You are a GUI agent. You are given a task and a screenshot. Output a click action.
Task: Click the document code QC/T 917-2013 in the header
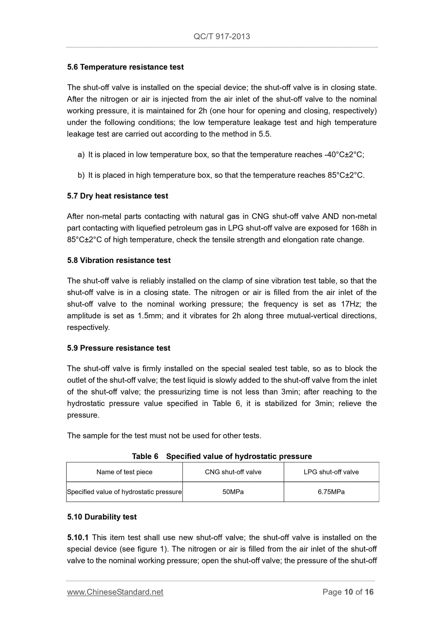222,37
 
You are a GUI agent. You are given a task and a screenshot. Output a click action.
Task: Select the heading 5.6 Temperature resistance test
125,67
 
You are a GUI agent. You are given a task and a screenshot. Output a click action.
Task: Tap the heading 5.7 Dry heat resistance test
117,196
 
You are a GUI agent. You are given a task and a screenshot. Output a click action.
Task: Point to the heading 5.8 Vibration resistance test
119,261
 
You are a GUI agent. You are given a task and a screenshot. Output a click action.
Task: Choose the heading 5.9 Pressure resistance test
119,348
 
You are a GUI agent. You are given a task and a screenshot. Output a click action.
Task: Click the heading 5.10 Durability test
102,517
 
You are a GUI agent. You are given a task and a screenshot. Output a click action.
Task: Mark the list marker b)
81,175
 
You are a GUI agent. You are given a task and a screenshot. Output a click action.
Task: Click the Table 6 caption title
222,456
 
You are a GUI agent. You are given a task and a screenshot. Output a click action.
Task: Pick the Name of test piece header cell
124,472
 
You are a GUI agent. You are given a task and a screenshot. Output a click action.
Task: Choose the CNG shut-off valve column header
233,472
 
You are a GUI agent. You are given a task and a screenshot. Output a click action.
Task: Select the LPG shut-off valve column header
331,472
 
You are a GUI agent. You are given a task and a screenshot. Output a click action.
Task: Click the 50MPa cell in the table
233,492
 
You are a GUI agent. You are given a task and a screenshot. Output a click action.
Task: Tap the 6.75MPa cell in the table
331,492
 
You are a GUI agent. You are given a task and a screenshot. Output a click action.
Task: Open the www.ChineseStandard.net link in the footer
115,592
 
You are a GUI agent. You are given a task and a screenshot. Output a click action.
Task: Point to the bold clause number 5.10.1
78,537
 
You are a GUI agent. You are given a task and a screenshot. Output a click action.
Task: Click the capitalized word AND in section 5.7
330,217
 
